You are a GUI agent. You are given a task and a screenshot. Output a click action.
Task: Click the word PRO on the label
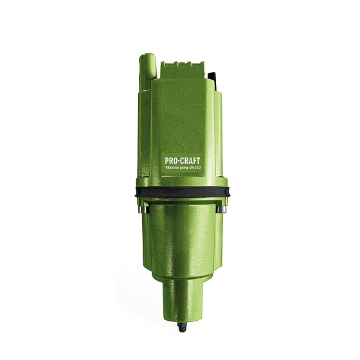pyautogui.click(x=170, y=161)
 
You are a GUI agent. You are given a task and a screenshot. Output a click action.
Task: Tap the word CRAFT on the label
pyautogui.click(x=189, y=161)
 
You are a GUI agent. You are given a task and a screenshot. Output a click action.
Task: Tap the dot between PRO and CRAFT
pyautogui.click(x=177, y=161)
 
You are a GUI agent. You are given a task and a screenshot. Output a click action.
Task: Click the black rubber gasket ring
pyautogui.click(x=183, y=192)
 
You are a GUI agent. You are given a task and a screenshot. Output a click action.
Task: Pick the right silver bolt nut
pyautogui.click(x=222, y=209)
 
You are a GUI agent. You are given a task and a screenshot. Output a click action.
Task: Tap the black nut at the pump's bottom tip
pyautogui.click(x=183, y=327)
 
